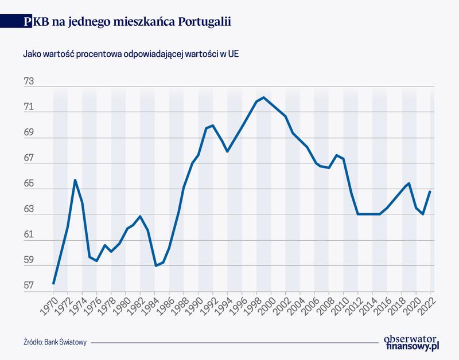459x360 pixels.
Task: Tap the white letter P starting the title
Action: [x=28, y=21]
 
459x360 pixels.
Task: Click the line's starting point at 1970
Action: [x=53, y=284]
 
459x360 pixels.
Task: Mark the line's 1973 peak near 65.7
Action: [x=75, y=180]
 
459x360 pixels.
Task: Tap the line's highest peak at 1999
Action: [x=263, y=97]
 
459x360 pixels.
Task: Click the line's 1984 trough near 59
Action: [x=155, y=265]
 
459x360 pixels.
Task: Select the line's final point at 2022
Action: [x=430, y=191]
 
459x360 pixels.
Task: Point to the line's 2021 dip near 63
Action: [x=423, y=214]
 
